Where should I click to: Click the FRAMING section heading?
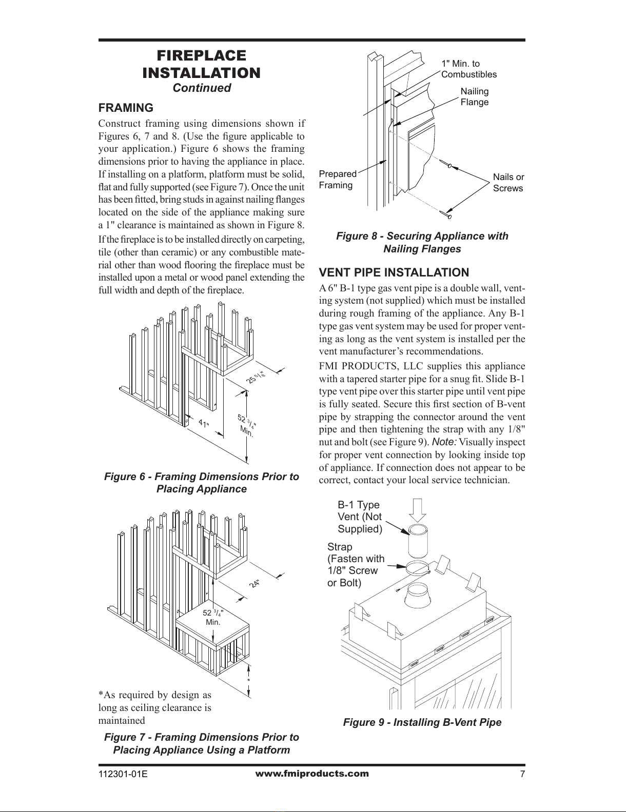click(126, 108)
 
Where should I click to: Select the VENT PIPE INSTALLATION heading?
click(394, 272)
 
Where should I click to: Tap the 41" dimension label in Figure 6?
click(204, 424)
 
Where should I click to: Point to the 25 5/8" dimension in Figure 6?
click(257, 377)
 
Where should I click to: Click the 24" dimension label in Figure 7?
click(255, 583)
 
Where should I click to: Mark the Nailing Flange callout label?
click(474, 97)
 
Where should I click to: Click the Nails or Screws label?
click(508, 183)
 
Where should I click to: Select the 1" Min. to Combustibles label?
click(469, 69)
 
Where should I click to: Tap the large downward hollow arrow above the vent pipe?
click(418, 510)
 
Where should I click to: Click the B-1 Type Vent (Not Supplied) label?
click(360, 517)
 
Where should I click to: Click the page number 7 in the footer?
click(522, 774)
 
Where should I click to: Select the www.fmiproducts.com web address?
click(312, 774)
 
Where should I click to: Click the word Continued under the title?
click(202, 88)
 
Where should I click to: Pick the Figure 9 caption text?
click(422, 722)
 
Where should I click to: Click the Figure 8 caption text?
click(422, 243)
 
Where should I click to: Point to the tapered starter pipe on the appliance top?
click(418, 596)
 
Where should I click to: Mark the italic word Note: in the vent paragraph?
click(444, 442)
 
